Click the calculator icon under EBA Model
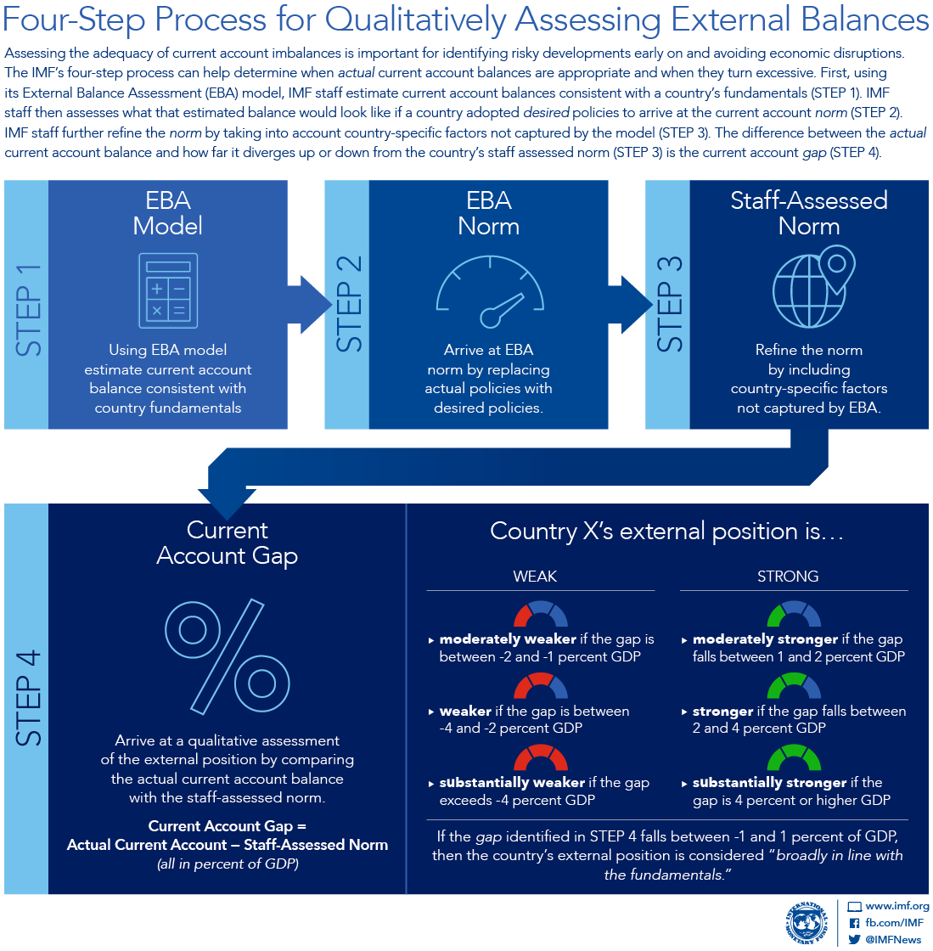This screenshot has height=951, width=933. pyautogui.click(x=168, y=290)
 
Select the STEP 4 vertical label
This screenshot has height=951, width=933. pyautogui.click(x=27, y=699)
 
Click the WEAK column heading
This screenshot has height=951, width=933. pyautogui.click(x=535, y=577)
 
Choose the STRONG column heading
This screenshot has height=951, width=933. pyautogui.click(x=788, y=577)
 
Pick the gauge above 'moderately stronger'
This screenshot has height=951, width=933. pyautogui.click(x=794, y=615)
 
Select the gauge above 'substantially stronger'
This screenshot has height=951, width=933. pyautogui.click(x=794, y=757)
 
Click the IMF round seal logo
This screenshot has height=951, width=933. pyautogui.click(x=806, y=923)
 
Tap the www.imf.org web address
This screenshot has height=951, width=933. pyautogui.click(x=896, y=907)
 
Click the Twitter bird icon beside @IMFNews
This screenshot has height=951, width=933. pyautogui.click(x=855, y=939)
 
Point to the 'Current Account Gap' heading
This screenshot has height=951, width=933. pyautogui.click(x=227, y=543)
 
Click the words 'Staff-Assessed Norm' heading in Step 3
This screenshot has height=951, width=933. pyautogui.click(x=809, y=213)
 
